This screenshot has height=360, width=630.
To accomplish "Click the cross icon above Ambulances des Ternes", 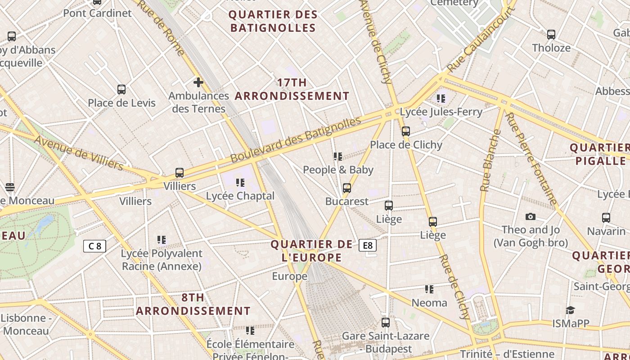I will (198, 82).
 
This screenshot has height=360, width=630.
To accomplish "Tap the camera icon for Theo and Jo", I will (531, 217).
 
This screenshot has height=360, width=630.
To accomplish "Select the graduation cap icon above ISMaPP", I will (571, 310).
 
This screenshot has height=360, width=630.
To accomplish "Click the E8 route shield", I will (368, 245).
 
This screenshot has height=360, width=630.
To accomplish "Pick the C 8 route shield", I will (95, 246).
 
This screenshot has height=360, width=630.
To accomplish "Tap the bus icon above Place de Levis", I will (121, 90).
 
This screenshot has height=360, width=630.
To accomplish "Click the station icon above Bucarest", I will (346, 188).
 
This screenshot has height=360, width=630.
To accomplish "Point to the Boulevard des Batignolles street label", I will (296, 140).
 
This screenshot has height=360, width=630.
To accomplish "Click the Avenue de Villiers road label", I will (79, 153).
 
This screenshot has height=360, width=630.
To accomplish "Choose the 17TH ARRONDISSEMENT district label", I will (292, 89).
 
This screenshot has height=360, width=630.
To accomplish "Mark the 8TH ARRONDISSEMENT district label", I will (193, 304).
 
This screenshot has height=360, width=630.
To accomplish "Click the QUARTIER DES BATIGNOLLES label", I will (273, 21).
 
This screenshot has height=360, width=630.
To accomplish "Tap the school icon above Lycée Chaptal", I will (240, 183).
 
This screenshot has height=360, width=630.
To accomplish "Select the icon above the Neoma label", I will (429, 289).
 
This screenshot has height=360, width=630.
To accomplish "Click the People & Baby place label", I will (338, 170).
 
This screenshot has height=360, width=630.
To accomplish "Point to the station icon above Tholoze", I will (551, 35).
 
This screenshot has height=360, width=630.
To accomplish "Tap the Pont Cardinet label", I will (97, 13).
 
